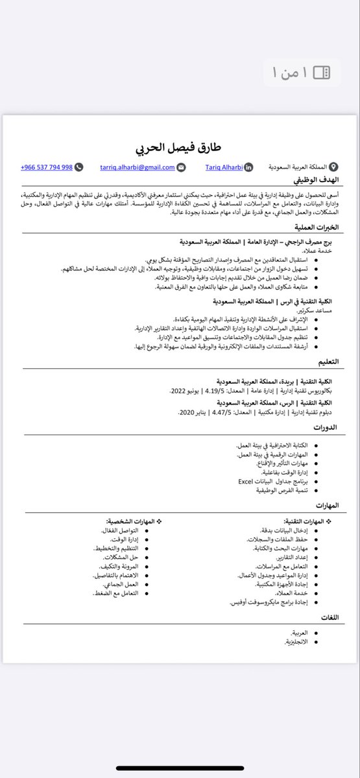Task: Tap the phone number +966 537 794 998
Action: point(46,167)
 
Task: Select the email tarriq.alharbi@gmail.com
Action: point(138,167)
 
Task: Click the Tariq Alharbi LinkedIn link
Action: point(224,167)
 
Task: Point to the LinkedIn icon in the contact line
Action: point(248,167)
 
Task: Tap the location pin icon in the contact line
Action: point(333,167)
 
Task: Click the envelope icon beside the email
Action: point(181,167)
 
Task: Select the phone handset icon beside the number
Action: point(79,167)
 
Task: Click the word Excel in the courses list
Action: point(245,482)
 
